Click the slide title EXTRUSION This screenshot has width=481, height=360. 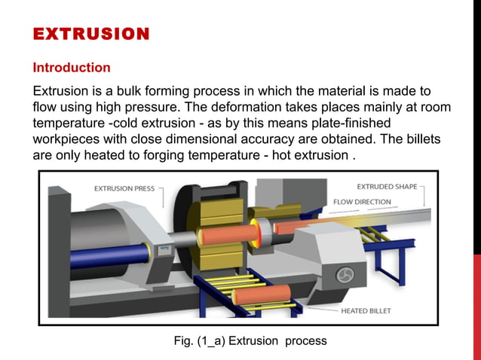point(91,34)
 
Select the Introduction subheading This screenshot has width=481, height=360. point(72,68)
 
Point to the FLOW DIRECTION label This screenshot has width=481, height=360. point(362,202)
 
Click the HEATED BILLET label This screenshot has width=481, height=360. point(366,310)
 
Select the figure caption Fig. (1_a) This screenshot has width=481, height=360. point(250,340)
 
